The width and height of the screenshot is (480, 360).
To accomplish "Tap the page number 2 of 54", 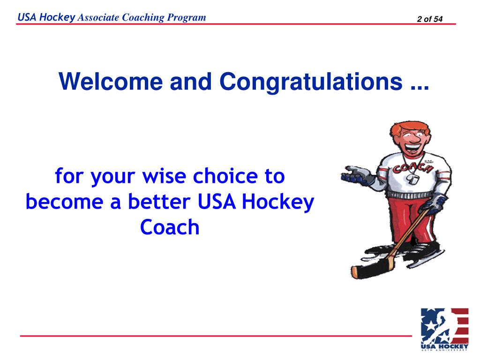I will (x=429, y=19).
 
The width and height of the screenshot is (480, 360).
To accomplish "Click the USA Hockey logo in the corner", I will (x=444, y=329).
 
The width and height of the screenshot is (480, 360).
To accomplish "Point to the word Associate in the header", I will (x=98, y=18).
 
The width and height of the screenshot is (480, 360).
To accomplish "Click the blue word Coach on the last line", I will (x=170, y=227).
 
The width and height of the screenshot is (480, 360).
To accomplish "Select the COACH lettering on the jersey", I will (x=412, y=166).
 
